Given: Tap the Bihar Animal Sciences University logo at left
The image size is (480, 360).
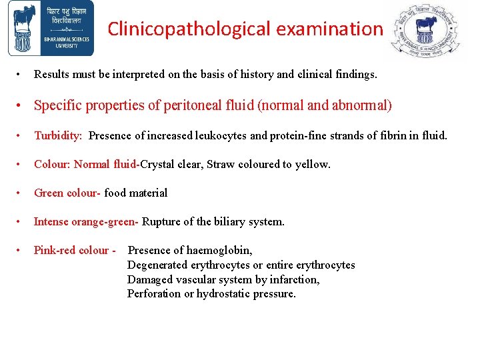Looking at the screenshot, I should (51, 29).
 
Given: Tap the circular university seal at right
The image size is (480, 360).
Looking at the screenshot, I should (425, 30).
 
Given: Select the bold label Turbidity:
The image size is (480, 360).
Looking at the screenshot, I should (58, 135).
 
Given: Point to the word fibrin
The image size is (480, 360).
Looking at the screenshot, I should (395, 135).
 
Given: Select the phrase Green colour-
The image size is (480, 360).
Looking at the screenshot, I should (67, 193).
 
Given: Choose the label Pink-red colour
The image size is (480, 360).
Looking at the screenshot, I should (71, 250).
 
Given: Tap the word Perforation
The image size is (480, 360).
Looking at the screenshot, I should (154, 293).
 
